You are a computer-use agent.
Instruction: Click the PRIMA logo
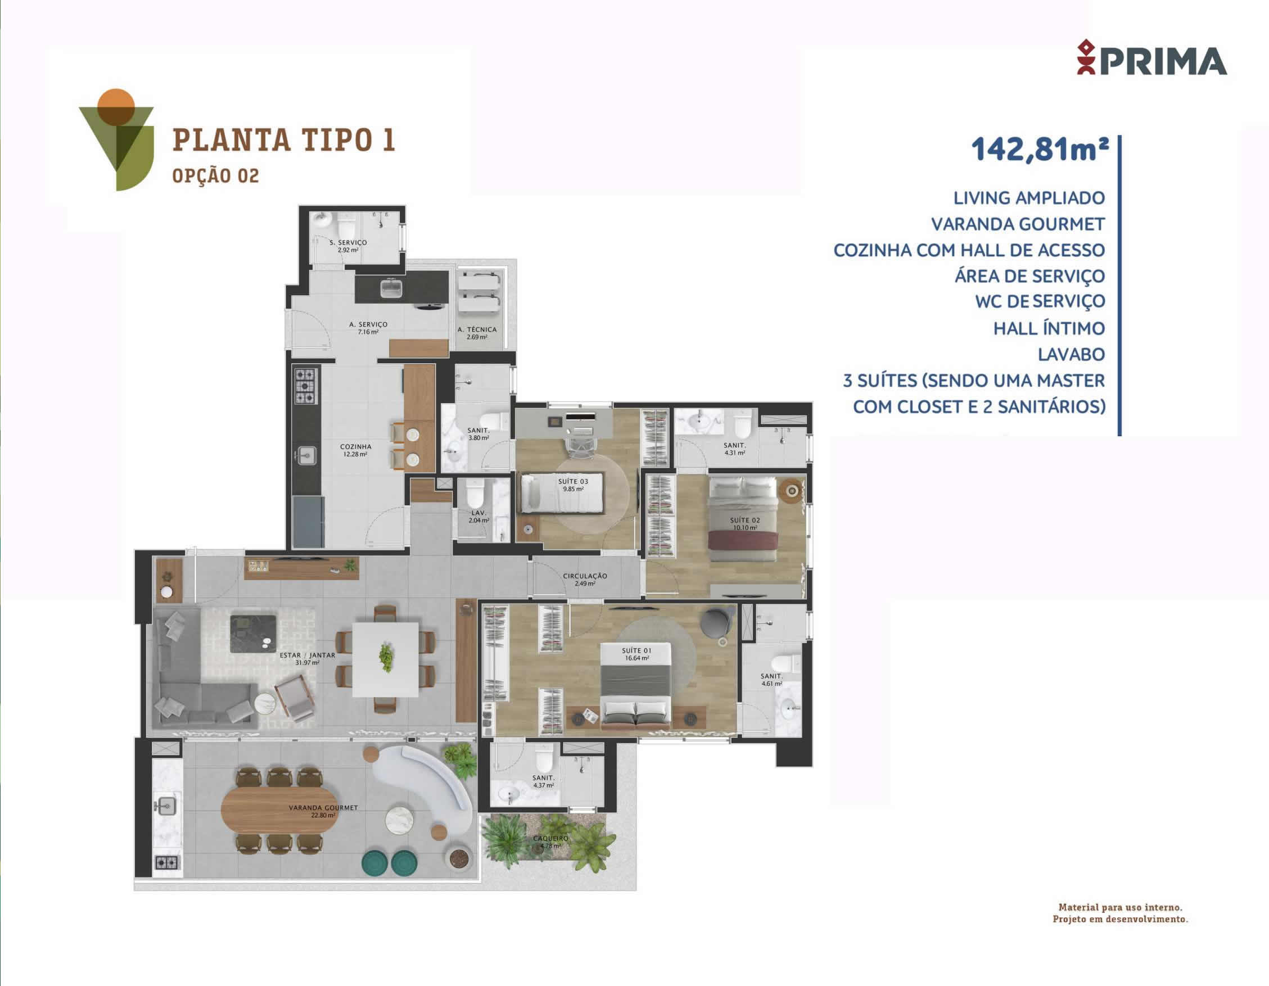click(1151, 58)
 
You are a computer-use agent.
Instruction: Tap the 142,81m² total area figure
click(1040, 150)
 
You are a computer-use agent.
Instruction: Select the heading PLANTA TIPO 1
click(283, 140)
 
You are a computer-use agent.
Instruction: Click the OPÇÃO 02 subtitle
click(215, 175)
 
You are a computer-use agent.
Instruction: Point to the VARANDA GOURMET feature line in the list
click(1018, 224)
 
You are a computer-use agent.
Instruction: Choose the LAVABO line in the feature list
click(1072, 354)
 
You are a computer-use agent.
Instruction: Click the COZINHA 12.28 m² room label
click(355, 450)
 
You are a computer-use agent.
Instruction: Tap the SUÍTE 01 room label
click(637, 654)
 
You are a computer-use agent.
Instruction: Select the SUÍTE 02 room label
click(745, 524)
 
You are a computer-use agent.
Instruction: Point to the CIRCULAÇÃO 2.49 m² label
click(585, 579)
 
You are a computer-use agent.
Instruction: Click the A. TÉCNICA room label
click(477, 333)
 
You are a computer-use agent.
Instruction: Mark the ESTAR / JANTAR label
click(308, 658)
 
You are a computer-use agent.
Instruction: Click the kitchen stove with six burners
click(306, 385)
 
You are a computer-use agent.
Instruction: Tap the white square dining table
click(385, 659)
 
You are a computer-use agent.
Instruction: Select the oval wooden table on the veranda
click(279, 809)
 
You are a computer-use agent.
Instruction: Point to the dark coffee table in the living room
click(254, 634)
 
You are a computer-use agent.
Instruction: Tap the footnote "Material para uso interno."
click(1120, 907)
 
